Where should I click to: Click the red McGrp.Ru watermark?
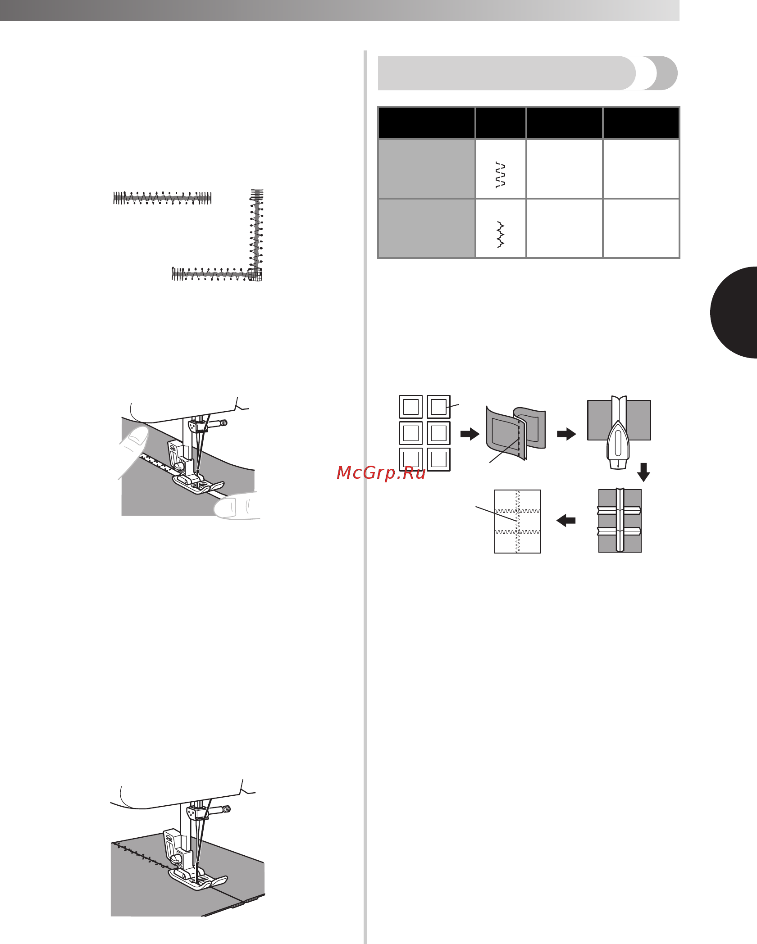pos(381,473)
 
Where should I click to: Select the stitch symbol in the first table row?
pos(500,174)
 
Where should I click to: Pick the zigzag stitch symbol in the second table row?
pos(500,234)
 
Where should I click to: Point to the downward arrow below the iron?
pos(643,472)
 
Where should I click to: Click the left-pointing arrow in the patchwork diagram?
pos(566,521)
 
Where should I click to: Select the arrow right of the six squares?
pos(470,434)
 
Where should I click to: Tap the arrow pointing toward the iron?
pos(566,434)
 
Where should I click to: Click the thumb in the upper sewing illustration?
pos(133,450)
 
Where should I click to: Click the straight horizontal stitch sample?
pos(162,198)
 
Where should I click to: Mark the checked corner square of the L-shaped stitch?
pos(255,274)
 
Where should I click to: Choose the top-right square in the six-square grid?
pos(438,407)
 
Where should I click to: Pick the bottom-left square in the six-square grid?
pos(411,459)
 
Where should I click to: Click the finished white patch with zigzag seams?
pos(518,522)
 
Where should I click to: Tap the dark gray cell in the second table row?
pos(427,228)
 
